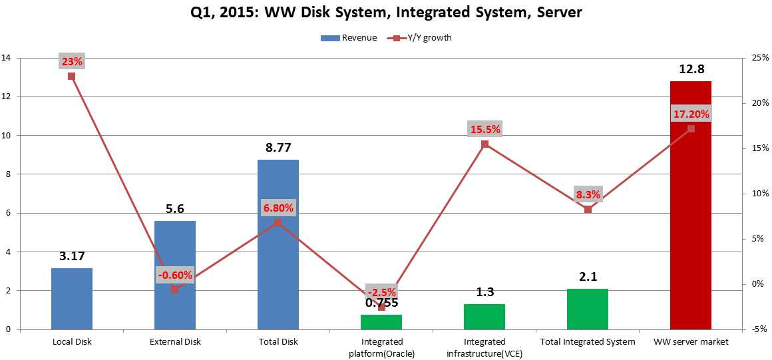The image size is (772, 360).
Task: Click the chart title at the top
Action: click(x=386, y=13)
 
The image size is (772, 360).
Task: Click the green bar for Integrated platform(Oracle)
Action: click(x=381, y=322)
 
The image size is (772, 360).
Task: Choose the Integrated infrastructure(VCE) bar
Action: click(x=484, y=317)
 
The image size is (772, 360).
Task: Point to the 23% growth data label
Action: click(x=72, y=62)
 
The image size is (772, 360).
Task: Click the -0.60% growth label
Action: click(x=175, y=275)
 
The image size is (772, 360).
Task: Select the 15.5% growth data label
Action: click(x=485, y=129)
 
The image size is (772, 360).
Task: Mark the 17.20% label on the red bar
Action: click(x=691, y=114)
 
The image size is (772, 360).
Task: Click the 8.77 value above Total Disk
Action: click(x=278, y=148)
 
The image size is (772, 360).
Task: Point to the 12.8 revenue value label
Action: click(x=691, y=69)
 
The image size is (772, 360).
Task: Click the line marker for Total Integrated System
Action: click(x=588, y=210)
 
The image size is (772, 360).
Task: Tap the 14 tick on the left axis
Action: click(x=7, y=58)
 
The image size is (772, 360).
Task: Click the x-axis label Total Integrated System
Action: click(x=588, y=342)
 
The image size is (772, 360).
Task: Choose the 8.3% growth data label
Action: click(x=588, y=195)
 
